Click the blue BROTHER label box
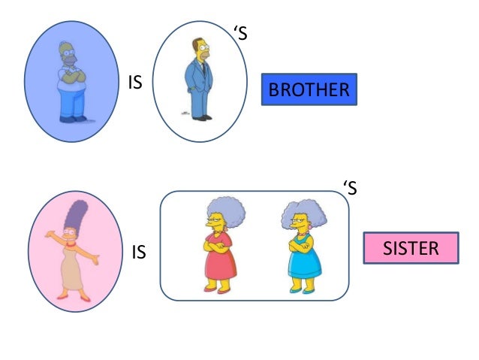pos(309,90)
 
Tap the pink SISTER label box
pos(411,248)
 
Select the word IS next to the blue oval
pos(135,83)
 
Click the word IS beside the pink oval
pos(139,253)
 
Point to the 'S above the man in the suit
pos(239,34)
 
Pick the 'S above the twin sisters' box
pos(349,189)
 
